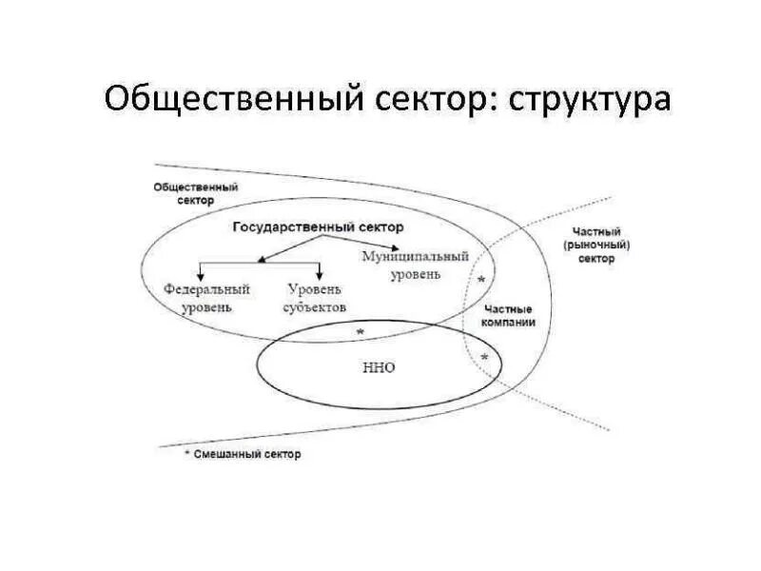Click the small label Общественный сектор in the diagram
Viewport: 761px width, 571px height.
195,194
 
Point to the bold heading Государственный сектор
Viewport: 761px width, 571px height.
318,227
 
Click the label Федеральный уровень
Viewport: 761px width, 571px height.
205,298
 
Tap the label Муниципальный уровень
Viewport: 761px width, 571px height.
416,266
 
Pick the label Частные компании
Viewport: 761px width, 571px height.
509,316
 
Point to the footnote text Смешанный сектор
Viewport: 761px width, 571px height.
247,455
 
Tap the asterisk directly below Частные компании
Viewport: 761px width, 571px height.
485,358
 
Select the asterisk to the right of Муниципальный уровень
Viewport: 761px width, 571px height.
481,280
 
